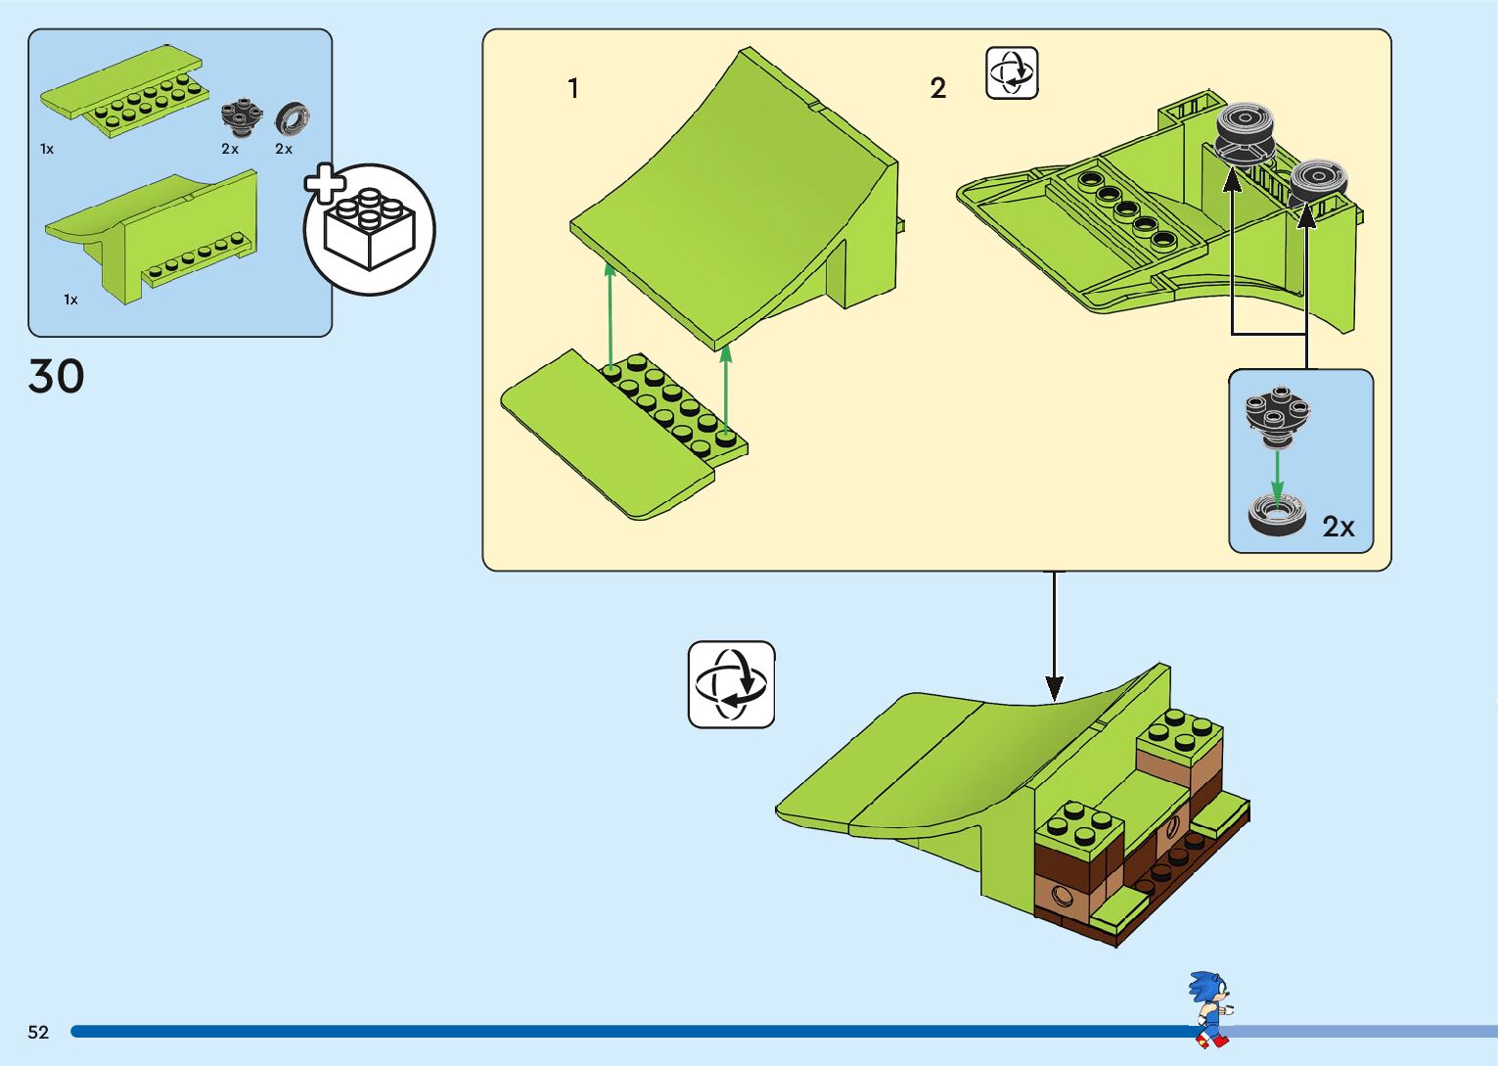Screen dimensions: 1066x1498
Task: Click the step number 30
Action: click(57, 377)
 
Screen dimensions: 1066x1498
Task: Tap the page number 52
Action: click(38, 1032)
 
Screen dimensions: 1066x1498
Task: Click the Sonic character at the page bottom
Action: click(1210, 1008)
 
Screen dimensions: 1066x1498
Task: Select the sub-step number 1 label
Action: click(573, 88)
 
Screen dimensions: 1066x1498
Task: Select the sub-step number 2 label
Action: click(937, 88)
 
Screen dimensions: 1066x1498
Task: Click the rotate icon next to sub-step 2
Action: click(1012, 73)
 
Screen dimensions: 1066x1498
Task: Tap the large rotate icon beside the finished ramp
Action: click(731, 684)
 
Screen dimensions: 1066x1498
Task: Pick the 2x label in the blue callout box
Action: click(1339, 527)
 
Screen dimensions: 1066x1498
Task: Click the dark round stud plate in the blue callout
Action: click(1277, 411)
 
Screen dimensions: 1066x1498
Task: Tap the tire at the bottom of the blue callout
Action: click(1277, 514)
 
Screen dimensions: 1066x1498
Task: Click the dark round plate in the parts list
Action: click(240, 116)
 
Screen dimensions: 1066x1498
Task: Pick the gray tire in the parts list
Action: click(292, 118)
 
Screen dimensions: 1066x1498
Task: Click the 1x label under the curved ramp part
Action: click(70, 300)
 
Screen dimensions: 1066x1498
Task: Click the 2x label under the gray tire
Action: click(284, 149)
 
